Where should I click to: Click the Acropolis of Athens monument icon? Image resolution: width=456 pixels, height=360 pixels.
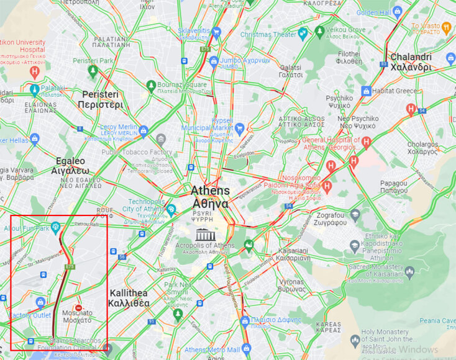coord(203,234)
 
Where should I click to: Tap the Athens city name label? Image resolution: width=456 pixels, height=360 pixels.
coord(209,197)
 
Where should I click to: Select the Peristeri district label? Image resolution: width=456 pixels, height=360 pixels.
coord(100,99)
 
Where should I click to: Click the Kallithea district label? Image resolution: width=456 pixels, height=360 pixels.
coord(129,298)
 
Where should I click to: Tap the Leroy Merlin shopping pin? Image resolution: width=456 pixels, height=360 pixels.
coord(144,130)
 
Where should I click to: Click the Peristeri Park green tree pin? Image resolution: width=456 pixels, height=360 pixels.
coord(93,71)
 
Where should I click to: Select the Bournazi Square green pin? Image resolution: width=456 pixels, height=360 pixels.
coord(150,85)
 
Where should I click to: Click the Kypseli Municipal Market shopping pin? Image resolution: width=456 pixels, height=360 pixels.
coord(239,129)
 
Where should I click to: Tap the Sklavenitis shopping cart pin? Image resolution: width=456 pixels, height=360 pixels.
coord(216,32)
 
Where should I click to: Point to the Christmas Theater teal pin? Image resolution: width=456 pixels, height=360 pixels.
coord(303,35)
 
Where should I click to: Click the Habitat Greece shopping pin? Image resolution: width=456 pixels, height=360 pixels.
coord(367,91)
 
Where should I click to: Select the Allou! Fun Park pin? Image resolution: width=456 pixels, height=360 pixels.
coord(56,228)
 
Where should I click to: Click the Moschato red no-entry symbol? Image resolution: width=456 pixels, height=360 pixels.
coord(79,308)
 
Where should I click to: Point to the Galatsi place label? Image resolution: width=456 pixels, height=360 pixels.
coord(291,70)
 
